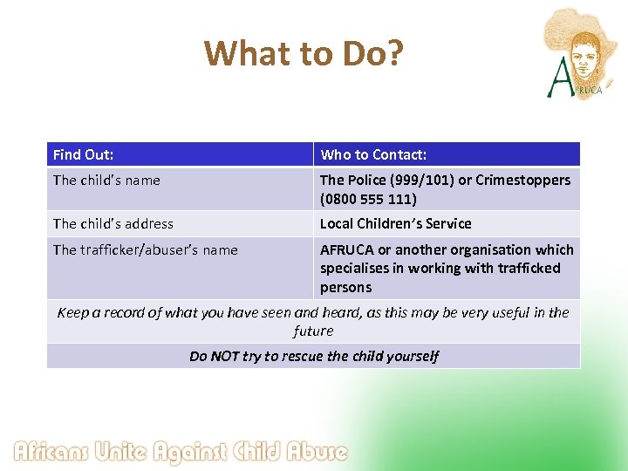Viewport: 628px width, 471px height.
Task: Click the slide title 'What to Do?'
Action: click(x=304, y=54)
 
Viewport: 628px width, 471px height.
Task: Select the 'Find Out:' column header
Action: click(x=84, y=155)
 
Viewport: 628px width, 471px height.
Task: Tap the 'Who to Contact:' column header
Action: click(x=373, y=155)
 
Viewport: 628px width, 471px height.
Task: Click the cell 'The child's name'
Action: click(x=106, y=181)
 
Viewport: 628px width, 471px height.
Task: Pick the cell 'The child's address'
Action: click(x=113, y=224)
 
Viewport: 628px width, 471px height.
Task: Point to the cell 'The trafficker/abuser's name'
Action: click(x=145, y=250)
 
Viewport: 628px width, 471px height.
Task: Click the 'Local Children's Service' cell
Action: click(x=395, y=224)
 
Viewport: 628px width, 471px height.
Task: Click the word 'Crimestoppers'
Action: click(x=526, y=181)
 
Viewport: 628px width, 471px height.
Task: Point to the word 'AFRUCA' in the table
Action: click(x=346, y=250)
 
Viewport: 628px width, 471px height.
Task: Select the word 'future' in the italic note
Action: click(x=313, y=331)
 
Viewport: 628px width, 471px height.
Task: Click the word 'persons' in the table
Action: click(x=345, y=288)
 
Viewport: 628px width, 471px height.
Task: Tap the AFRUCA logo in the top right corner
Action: click(x=579, y=52)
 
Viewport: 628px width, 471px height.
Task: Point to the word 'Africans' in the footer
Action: click(x=54, y=452)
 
